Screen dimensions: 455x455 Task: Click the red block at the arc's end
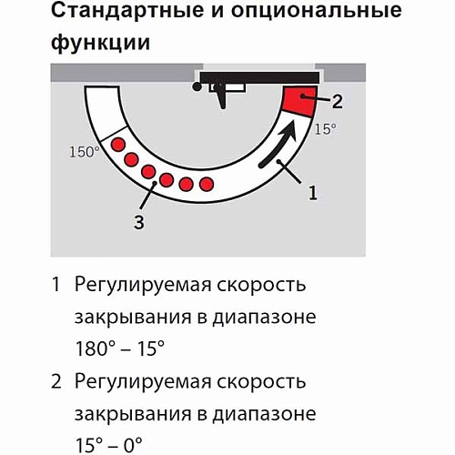pos(297,100)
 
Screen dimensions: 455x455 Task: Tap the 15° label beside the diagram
pos(326,129)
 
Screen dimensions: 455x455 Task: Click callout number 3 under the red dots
pos(138,221)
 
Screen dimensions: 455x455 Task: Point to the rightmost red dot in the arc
pos(207,185)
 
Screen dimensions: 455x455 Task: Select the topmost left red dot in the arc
pos(116,146)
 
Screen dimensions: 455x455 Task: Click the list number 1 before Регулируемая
pos(56,285)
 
